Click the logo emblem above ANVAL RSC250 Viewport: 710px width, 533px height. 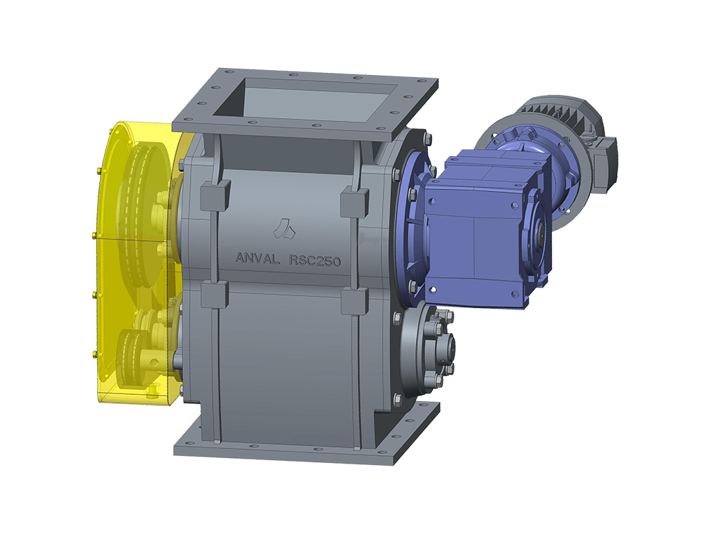282,227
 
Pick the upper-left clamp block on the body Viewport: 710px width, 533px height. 215,194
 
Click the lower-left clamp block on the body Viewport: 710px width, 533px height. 215,294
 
